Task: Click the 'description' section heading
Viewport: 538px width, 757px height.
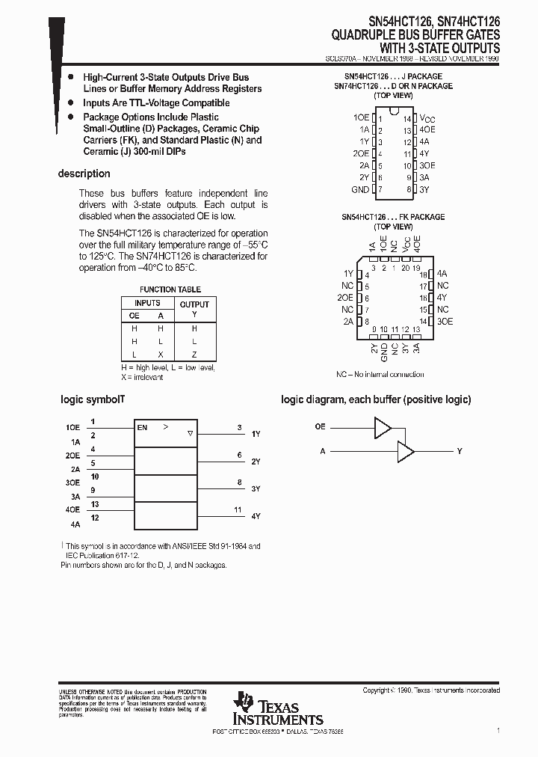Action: pyautogui.click(x=84, y=174)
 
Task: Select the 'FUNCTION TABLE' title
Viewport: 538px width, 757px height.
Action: pyautogui.click(x=170, y=289)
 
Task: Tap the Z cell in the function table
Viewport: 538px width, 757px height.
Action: pyautogui.click(x=194, y=355)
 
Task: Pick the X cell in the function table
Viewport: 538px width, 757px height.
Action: pyautogui.click(x=160, y=355)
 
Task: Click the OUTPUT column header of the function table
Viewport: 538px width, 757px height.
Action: pyautogui.click(x=194, y=304)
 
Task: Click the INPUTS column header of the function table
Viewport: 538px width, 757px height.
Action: pyautogui.click(x=147, y=303)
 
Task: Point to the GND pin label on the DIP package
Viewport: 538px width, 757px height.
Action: pyautogui.click(x=360, y=190)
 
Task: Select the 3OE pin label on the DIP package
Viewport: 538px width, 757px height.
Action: pyautogui.click(x=427, y=166)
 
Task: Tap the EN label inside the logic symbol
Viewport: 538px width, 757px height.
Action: pyautogui.click(x=142, y=428)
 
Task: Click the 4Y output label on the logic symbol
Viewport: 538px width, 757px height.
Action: pyautogui.click(x=256, y=516)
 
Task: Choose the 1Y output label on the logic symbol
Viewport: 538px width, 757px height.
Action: pyautogui.click(x=256, y=434)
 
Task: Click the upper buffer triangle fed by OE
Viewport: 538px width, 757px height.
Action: pyautogui.click(x=383, y=427)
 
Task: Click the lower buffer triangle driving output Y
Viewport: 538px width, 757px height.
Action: pyautogui.click(x=406, y=451)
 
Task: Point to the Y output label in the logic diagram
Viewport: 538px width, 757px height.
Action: pyautogui.click(x=460, y=451)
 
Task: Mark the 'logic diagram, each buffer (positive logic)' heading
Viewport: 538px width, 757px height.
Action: pyautogui.click(x=376, y=399)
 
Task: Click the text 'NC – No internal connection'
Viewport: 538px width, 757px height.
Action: pyautogui.click(x=380, y=374)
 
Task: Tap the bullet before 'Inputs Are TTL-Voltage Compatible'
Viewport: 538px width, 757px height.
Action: pyautogui.click(x=70, y=103)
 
